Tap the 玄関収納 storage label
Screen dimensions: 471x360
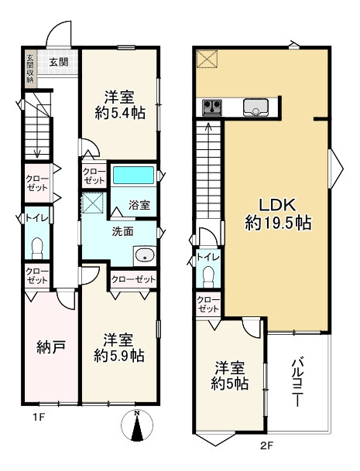(x=30, y=69)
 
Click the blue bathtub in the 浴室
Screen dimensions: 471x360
(x=134, y=174)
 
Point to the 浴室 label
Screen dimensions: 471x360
(x=139, y=206)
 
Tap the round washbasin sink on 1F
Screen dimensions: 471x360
(x=143, y=255)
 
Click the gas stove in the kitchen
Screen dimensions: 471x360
(x=213, y=108)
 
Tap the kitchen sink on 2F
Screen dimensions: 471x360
(x=255, y=108)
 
